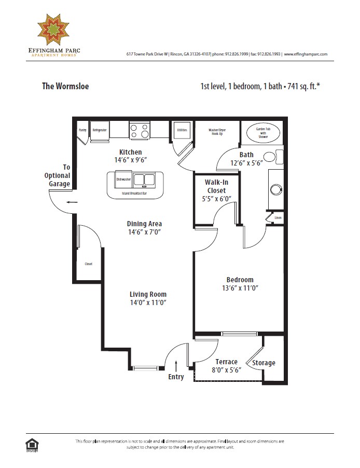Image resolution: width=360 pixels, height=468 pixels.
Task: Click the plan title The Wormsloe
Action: point(65,86)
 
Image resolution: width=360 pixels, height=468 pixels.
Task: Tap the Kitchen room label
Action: point(130,152)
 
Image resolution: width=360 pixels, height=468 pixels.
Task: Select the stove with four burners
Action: point(139,130)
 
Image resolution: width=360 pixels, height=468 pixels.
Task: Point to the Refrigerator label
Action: point(99,130)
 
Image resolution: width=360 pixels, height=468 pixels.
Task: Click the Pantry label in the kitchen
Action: point(82,130)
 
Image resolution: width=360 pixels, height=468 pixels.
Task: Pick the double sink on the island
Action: point(143,180)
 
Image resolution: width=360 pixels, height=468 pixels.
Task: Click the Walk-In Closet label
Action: point(216,186)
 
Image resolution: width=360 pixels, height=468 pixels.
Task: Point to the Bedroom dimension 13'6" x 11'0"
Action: point(240,288)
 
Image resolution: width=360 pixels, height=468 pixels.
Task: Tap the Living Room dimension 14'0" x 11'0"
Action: point(148,302)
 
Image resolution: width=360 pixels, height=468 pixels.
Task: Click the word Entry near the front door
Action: point(176,377)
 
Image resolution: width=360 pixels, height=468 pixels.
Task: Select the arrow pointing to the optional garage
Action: point(72,202)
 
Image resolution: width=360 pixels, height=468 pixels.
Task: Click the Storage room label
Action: point(264,363)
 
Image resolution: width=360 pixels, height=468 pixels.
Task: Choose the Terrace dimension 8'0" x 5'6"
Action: point(227,370)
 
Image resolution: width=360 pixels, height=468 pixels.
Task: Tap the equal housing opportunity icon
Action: point(32,444)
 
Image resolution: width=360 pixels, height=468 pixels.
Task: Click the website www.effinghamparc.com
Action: point(306,54)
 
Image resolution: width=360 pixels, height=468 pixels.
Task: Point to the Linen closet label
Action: point(278,218)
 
